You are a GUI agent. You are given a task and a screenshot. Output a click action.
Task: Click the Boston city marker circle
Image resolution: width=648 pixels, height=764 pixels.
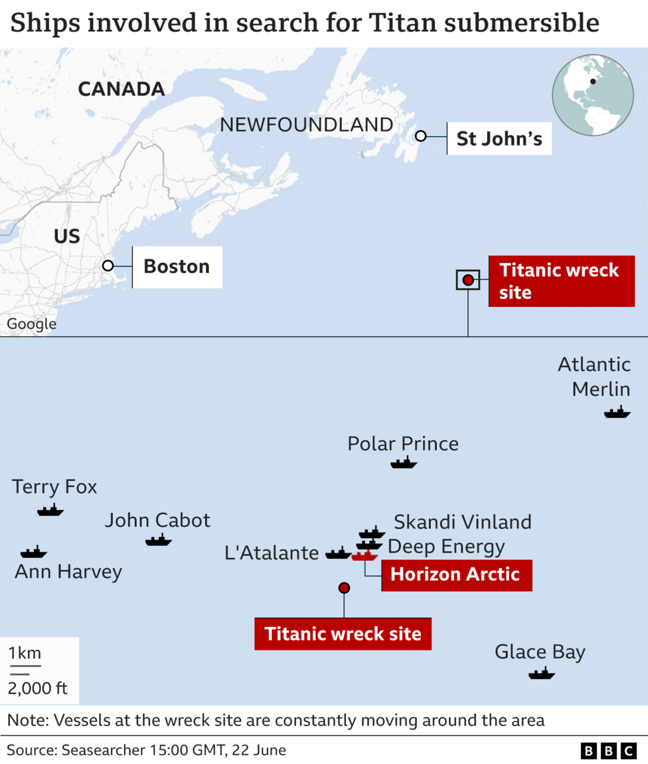(x=108, y=266)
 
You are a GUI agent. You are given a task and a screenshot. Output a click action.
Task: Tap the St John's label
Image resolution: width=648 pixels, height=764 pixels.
(x=499, y=139)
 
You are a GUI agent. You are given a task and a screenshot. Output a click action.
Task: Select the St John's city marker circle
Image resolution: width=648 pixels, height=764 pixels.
(x=420, y=136)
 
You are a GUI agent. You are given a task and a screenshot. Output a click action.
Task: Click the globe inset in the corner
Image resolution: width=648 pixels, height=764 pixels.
(x=593, y=95)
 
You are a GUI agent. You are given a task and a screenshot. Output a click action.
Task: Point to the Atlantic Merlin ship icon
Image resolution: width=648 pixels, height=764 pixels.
(x=617, y=413)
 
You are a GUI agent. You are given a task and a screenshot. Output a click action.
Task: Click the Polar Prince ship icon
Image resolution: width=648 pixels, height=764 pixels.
(x=404, y=462)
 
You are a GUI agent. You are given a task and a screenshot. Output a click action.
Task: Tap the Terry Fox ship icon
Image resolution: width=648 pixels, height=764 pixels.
(x=50, y=510)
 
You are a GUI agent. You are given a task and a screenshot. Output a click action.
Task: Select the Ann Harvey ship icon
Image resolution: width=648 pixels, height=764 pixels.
(x=33, y=552)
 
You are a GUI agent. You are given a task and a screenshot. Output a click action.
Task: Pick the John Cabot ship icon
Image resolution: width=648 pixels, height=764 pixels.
(x=158, y=540)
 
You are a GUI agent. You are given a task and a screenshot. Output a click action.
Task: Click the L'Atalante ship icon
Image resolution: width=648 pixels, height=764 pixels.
(x=338, y=553)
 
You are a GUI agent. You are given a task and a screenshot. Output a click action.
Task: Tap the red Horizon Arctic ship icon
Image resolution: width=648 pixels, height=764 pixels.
(x=364, y=556)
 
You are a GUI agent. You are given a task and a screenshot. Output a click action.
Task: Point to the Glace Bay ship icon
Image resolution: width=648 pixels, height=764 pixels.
(x=541, y=674)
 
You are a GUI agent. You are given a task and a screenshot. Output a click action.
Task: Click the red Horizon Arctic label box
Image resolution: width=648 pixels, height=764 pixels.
(x=455, y=574)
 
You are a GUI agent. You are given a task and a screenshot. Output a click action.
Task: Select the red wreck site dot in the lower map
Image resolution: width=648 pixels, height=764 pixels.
(x=344, y=587)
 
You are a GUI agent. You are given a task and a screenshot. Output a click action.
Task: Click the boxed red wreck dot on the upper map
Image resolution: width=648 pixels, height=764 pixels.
(x=468, y=280)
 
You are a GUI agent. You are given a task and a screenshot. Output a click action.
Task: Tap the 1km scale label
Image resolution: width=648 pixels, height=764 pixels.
(x=25, y=653)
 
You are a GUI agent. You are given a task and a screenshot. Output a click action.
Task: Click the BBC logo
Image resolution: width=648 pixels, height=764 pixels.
(x=608, y=751)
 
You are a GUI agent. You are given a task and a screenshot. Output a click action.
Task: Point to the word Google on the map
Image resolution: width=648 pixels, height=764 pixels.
(x=31, y=324)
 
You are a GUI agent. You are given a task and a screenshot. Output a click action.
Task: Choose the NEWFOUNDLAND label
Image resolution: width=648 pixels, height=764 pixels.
(x=306, y=124)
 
